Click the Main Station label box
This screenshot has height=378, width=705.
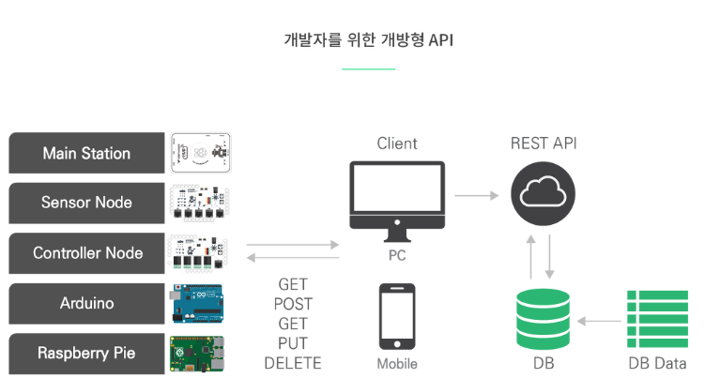click(87, 153)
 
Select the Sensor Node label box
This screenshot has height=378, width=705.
click(87, 203)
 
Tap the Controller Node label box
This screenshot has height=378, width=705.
click(87, 253)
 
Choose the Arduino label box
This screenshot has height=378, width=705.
click(87, 303)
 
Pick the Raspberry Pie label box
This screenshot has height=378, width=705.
click(87, 354)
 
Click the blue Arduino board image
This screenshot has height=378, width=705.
click(199, 303)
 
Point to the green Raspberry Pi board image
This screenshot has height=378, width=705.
click(199, 354)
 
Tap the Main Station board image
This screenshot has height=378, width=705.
click(201, 153)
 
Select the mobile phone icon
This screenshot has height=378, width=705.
click(397, 315)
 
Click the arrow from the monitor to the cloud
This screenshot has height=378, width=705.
click(476, 196)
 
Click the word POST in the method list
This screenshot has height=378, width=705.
click(293, 304)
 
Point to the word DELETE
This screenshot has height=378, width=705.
click(293, 363)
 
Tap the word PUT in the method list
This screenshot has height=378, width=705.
click(293, 343)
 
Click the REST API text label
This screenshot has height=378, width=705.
click(544, 144)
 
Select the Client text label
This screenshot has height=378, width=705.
click(397, 144)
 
